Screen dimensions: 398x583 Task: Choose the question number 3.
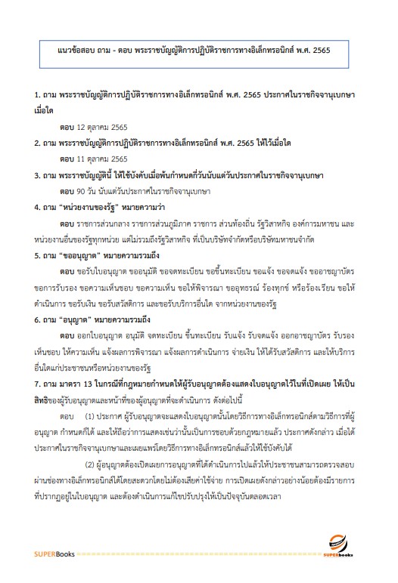point(37,176)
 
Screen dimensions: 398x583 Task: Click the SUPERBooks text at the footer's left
point(51,554)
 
